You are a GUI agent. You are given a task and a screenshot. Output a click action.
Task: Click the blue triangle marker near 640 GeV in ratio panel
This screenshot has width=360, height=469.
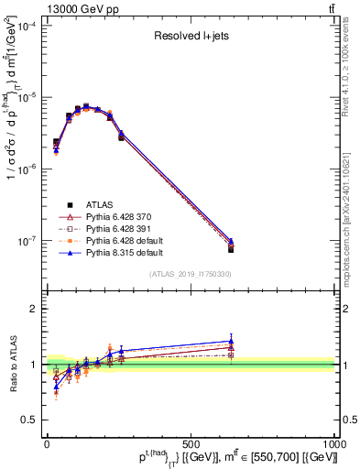click(x=231, y=341)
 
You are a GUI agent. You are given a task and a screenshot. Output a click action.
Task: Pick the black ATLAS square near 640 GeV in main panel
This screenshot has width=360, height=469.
click(x=231, y=249)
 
